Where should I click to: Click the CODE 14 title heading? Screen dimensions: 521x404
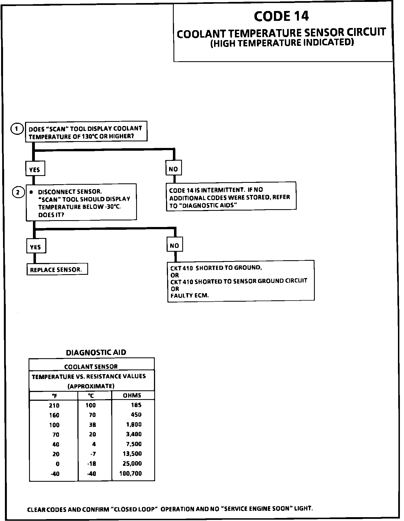(x=281, y=16)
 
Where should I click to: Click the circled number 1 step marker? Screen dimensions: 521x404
(x=17, y=129)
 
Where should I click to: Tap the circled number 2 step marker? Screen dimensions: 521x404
(x=18, y=192)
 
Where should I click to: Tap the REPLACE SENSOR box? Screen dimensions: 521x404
(x=57, y=270)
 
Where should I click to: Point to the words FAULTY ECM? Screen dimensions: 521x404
(x=190, y=296)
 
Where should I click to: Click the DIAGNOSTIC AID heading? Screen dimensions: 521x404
(x=96, y=352)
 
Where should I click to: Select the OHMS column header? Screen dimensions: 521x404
(x=132, y=395)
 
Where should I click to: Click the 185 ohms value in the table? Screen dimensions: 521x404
(x=136, y=405)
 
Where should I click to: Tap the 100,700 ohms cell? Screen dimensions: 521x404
(x=131, y=473)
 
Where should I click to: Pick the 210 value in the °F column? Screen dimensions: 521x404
(x=54, y=405)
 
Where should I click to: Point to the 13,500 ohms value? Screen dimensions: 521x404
(x=132, y=454)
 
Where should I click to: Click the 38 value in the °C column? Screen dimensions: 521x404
(x=92, y=425)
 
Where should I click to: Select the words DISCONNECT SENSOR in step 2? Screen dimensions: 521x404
(x=70, y=192)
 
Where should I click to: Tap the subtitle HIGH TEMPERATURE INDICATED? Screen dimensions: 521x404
(x=282, y=43)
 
